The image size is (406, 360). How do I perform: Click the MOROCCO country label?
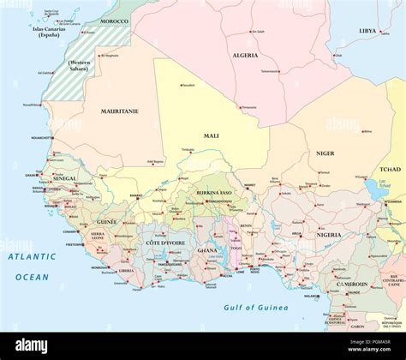[115, 21]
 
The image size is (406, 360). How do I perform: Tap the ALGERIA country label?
[245, 55]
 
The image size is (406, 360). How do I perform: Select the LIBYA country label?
[367, 31]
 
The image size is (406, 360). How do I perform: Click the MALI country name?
[211, 135]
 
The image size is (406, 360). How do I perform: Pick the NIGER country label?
[325, 153]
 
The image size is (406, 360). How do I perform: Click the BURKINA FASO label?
[214, 194]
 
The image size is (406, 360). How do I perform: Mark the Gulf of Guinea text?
[256, 307]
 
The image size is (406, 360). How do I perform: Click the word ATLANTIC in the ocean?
[32, 256]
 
